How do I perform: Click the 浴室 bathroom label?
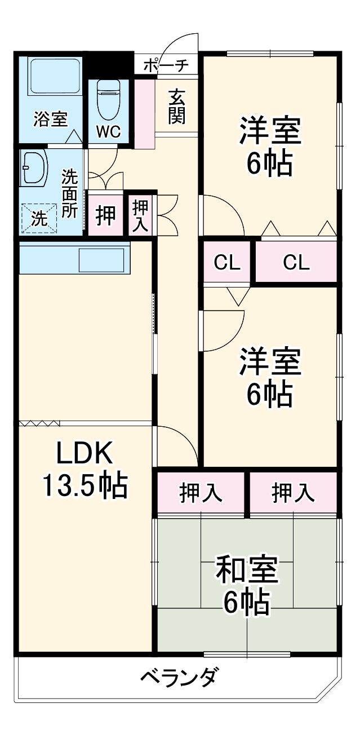pyautogui.click(x=50, y=120)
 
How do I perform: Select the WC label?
pyautogui.click(x=108, y=132)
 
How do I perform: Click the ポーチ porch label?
pyautogui.click(x=166, y=65)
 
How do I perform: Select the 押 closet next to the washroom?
pyautogui.click(x=105, y=215)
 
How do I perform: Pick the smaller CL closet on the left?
pyautogui.click(x=227, y=262)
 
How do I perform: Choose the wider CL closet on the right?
pyautogui.click(x=296, y=262)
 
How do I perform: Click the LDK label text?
pyautogui.click(x=85, y=452)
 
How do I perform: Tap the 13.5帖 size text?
pyautogui.click(x=85, y=484)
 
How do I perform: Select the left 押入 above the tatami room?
pyautogui.click(x=201, y=493)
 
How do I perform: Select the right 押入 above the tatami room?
pyautogui.click(x=293, y=493)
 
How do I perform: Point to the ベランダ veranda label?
pyautogui.click(x=177, y=676)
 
